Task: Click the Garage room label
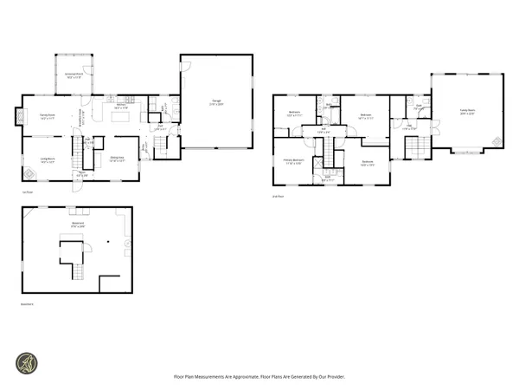215,102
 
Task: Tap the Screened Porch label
75,76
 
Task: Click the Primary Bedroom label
293,160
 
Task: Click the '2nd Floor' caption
276,197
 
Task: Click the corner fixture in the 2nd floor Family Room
495,141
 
